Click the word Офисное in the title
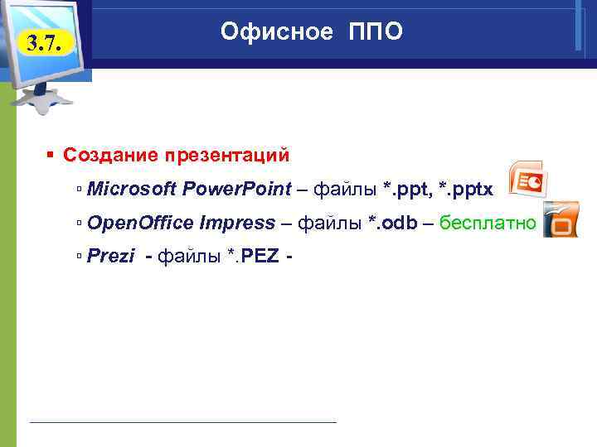point(277,31)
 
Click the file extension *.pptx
point(468,190)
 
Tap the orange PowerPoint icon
point(526,180)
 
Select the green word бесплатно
point(488,222)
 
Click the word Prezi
point(110,256)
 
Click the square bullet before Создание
point(51,155)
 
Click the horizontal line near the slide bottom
point(182,422)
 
